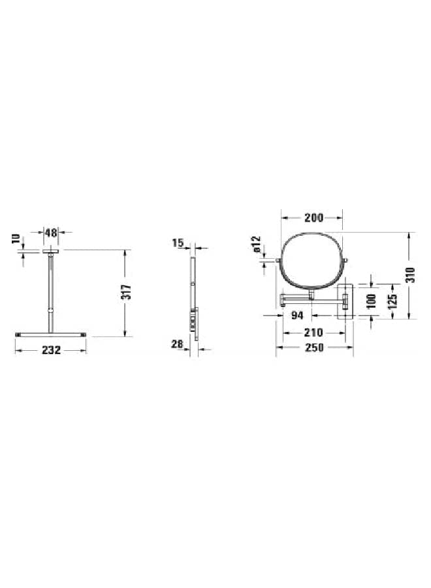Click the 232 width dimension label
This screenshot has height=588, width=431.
51,350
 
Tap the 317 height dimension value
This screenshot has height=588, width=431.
128,292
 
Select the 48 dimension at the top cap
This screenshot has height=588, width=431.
51,233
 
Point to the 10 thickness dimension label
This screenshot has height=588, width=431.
15,239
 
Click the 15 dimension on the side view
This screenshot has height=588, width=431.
178,243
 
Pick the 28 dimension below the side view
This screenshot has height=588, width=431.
177,344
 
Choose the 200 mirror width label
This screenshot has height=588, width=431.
313,218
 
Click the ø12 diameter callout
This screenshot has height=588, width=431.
256,244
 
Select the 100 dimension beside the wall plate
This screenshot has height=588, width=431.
371,301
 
